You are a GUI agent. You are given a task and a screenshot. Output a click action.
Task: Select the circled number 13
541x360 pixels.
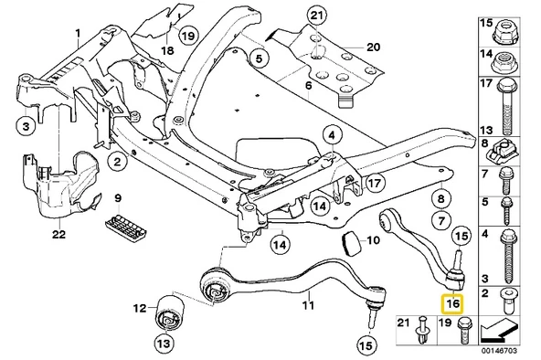click(163, 344)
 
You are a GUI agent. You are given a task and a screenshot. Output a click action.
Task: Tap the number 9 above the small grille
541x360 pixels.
click(117, 198)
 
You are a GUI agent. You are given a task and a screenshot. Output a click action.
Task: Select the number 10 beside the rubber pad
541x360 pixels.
click(372, 241)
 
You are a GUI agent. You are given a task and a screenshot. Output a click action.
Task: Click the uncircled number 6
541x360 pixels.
click(309, 86)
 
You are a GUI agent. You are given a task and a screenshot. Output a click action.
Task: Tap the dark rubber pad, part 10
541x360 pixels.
click(348, 244)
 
